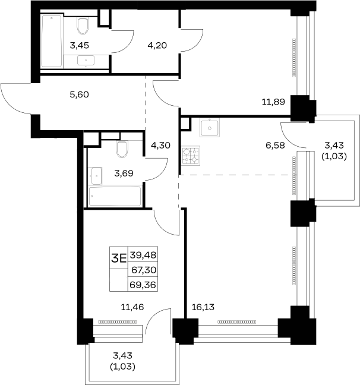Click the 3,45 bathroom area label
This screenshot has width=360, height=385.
[x=79, y=45]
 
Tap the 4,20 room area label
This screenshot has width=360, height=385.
[x=157, y=45]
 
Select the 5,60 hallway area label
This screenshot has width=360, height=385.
[x=79, y=94]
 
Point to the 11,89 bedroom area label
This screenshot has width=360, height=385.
[x=273, y=102]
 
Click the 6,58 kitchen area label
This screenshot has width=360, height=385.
[x=275, y=146]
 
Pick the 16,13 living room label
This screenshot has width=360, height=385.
[x=203, y=307]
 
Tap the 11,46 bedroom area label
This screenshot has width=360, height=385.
[x=132, y=307]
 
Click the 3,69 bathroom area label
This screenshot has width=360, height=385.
[x=124, y=173]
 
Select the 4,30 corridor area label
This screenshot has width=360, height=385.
[x=160, y=146]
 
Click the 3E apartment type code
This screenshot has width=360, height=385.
[x=119, y=258]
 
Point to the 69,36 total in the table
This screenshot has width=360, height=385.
[x=143, y=285]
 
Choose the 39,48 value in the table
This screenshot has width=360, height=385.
[x=143, y=255]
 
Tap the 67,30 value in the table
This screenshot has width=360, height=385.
[x=144, y=270]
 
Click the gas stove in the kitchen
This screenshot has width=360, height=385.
[x=191, y=156]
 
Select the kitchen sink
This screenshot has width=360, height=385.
[x=210, y=127]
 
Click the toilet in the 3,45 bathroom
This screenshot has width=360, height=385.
[x=83, y=26]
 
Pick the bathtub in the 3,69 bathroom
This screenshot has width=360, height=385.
[x=115, y=196]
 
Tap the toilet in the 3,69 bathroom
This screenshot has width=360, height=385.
[x=122, y=149]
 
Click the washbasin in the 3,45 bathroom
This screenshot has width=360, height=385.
[x=86, y=61]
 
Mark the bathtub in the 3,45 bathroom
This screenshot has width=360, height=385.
[x=52, y=41]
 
